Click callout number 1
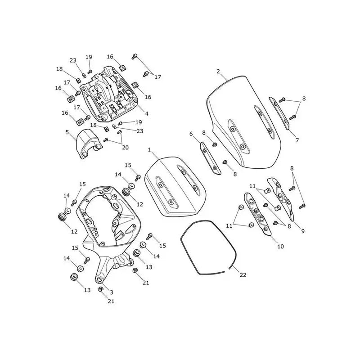tap(149, 150)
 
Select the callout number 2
tap(218, 72)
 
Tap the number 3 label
tap(112, 292)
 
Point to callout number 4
tap(147, 113)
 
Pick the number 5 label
tap(67, 132)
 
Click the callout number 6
tap(191, 134)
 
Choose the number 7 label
tap(297, 140)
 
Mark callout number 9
tap(303, 231)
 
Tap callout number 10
tap(280, 246)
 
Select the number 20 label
tap(125, 148)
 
